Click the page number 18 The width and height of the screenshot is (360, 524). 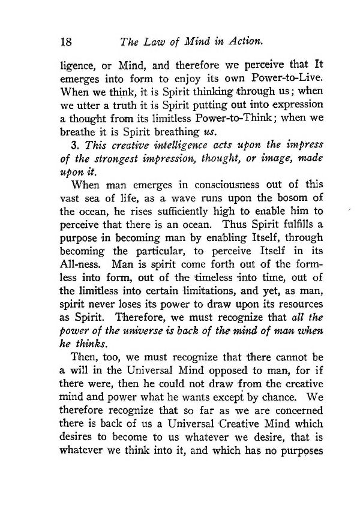pos(67,43)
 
